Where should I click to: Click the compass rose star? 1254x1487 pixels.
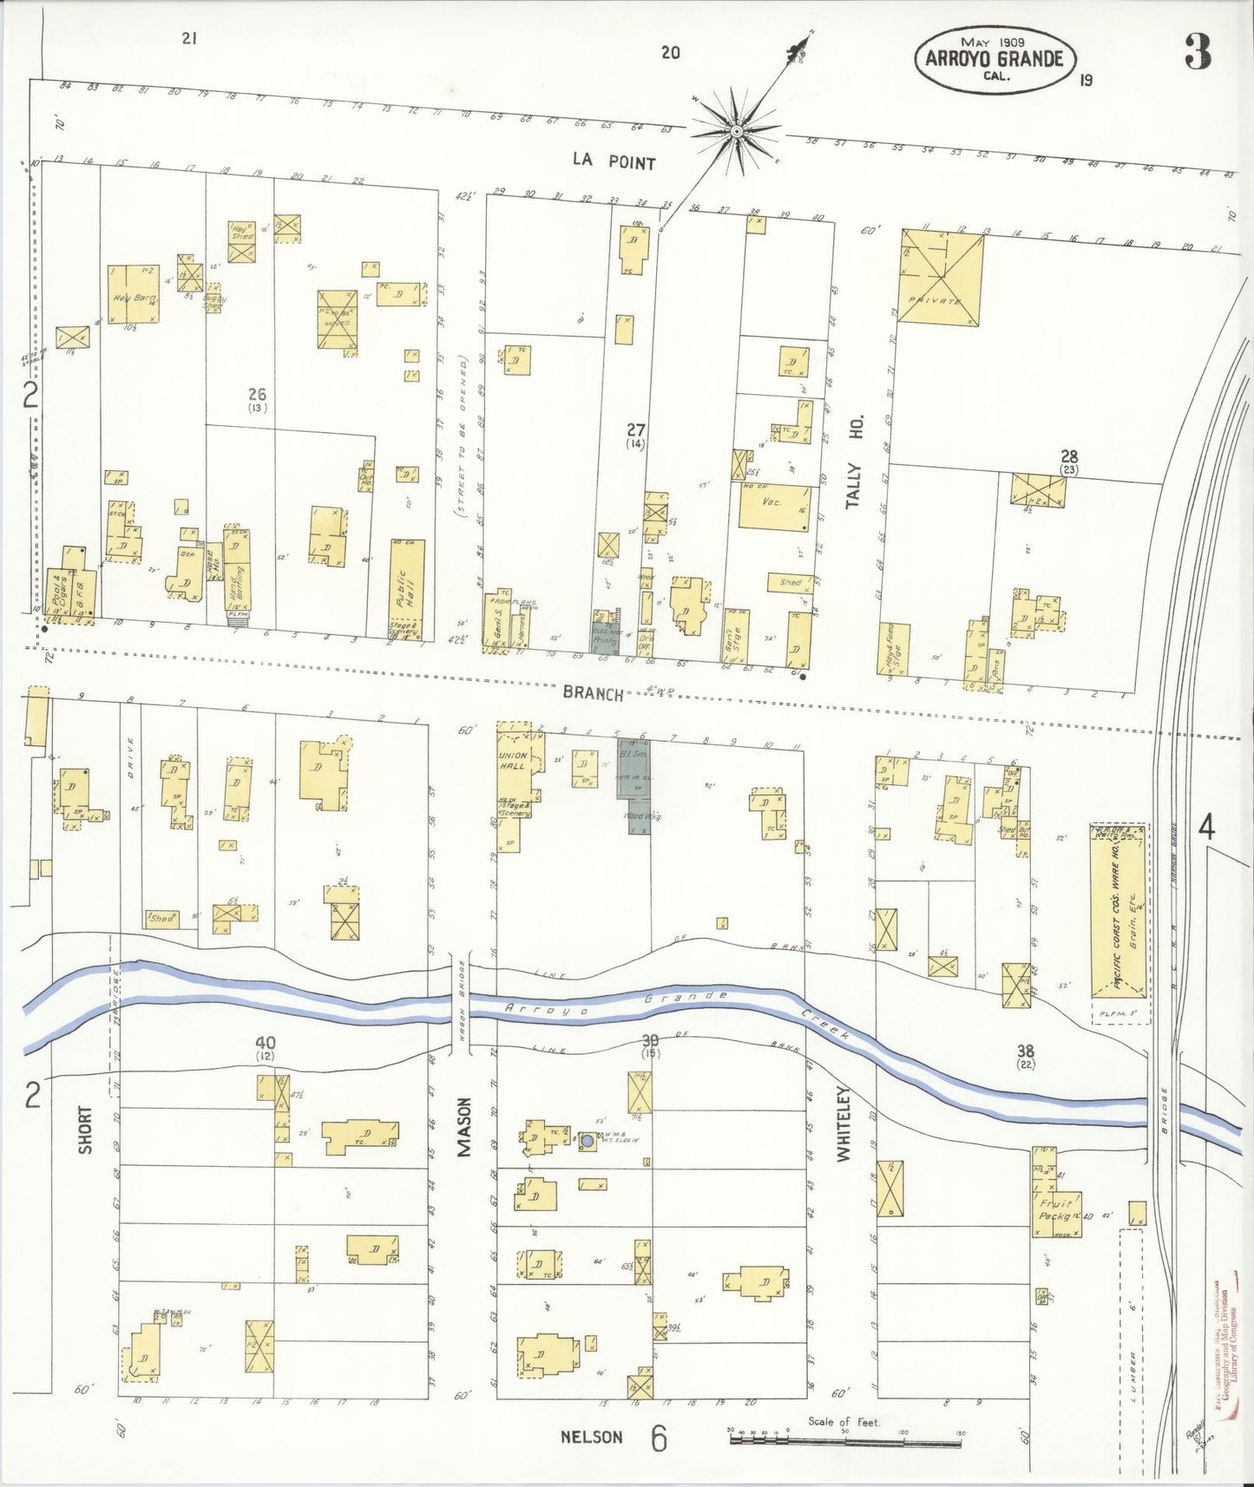coord(736,132)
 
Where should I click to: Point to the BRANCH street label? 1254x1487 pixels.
coord(592,692)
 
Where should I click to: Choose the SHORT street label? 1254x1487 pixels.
coord(85,1129)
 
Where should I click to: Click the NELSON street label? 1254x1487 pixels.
coord(591,1437)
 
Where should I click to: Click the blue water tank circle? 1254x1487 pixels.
coord(587,1141)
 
